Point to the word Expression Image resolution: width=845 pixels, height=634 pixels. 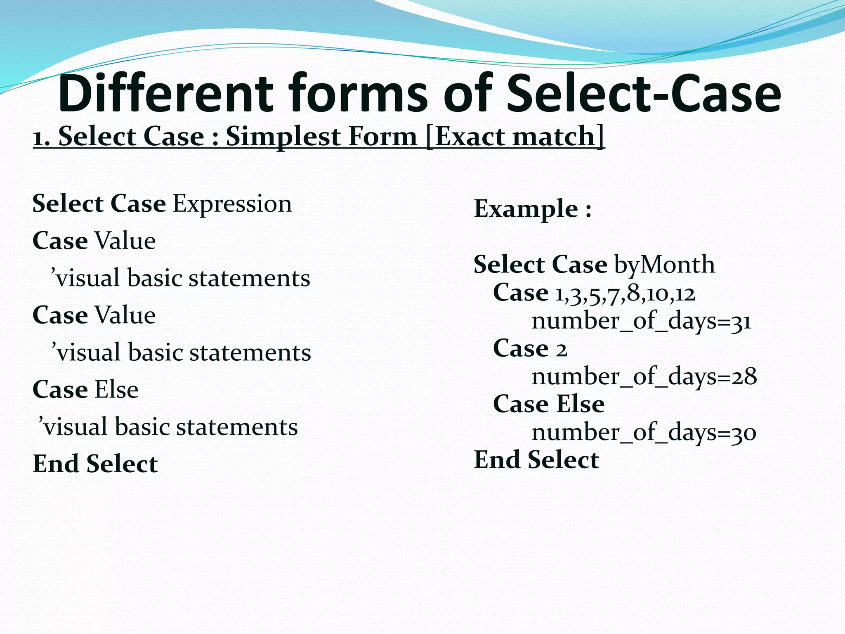[232, 204]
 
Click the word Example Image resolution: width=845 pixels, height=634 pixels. [526, 208]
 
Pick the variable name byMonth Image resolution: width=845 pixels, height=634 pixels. [664, 265]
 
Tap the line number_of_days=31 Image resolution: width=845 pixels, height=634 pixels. [641, 321]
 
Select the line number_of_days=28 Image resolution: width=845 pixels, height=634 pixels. [644, 376]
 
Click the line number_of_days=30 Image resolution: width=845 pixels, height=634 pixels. [644, 433]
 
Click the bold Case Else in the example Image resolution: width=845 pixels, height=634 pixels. [549, 404]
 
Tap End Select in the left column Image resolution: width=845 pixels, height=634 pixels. [95, 464]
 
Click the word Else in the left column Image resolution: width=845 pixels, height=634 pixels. [117, 390]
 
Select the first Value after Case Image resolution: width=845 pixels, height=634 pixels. [125, 241]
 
